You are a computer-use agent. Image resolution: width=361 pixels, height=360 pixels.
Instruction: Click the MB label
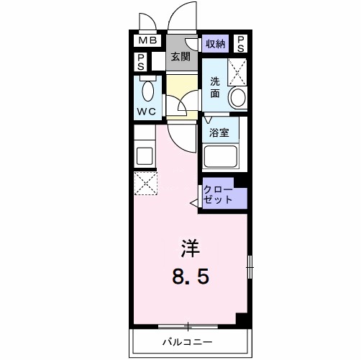(147, 41)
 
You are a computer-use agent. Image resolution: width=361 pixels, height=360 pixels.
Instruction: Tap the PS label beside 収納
(241, 43)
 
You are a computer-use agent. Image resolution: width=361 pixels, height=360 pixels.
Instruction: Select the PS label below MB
(142, 62)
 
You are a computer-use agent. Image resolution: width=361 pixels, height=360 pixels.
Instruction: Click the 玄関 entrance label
(180, 57)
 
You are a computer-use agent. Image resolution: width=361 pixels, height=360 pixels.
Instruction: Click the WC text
(147, 112)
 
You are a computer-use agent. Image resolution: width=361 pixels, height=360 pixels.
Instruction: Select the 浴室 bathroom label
(219, 133)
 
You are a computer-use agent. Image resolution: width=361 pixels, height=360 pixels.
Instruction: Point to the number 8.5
(190, 275)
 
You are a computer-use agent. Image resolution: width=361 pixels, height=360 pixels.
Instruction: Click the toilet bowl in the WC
(147, 91)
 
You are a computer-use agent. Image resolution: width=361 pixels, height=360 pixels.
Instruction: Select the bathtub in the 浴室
(221, 156)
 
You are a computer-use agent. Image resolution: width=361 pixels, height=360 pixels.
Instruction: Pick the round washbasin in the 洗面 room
(237, 98)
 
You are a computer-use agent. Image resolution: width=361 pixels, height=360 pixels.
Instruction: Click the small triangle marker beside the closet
(194, 205)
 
